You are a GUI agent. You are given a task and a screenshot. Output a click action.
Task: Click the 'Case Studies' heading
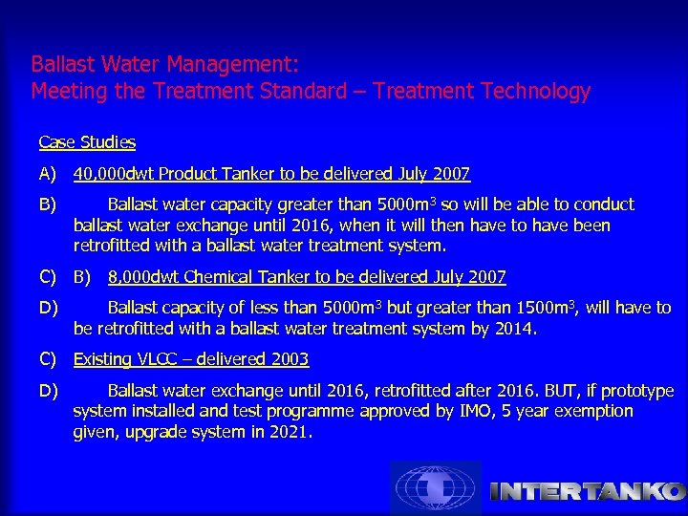87,142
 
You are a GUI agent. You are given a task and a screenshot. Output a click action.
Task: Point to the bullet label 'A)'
48,174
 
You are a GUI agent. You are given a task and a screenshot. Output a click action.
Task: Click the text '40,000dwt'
114,174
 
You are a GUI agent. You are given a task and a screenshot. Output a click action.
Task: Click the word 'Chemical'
216,277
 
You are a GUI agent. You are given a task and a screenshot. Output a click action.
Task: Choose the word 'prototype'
635,391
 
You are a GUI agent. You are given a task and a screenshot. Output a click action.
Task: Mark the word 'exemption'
594,411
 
